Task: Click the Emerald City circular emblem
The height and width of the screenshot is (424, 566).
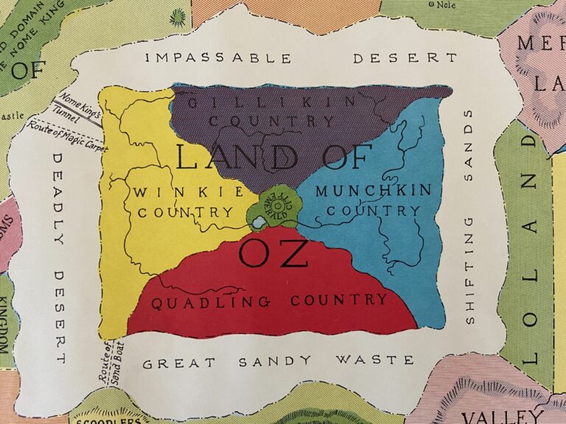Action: coord(277,201)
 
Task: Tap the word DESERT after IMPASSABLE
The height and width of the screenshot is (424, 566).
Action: coord(405,57)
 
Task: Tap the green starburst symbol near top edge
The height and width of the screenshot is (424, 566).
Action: coord(177,16)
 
